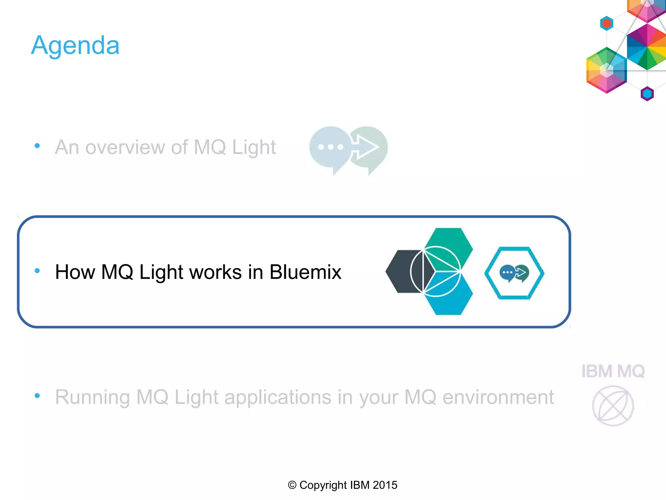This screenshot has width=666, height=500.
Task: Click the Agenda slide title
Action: tap(75, 45)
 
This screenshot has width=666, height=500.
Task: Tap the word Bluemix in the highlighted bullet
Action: tap(305, 272)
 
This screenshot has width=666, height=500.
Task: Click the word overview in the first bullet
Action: tap(125, 147)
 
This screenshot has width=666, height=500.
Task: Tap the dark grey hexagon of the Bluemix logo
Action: tap(402, 271)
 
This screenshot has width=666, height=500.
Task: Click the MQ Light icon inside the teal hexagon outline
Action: tap(514, 273)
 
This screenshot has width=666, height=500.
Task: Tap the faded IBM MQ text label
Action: tap(613, 371)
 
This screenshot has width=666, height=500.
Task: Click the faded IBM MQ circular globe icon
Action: tap(613, 406)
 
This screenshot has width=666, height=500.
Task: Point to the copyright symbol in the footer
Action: tap(292, 485)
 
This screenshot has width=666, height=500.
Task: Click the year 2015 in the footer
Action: tap(385, 485)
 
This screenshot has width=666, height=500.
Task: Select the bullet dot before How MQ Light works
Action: tap(37, 271)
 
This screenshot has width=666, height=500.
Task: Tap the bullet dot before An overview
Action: tap(37, 146)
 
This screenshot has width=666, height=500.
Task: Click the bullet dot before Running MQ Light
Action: tap(37, 396)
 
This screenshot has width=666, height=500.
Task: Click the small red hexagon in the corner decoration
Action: tap(606, 23)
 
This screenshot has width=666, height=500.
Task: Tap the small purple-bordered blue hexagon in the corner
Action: tap(647, 94)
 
